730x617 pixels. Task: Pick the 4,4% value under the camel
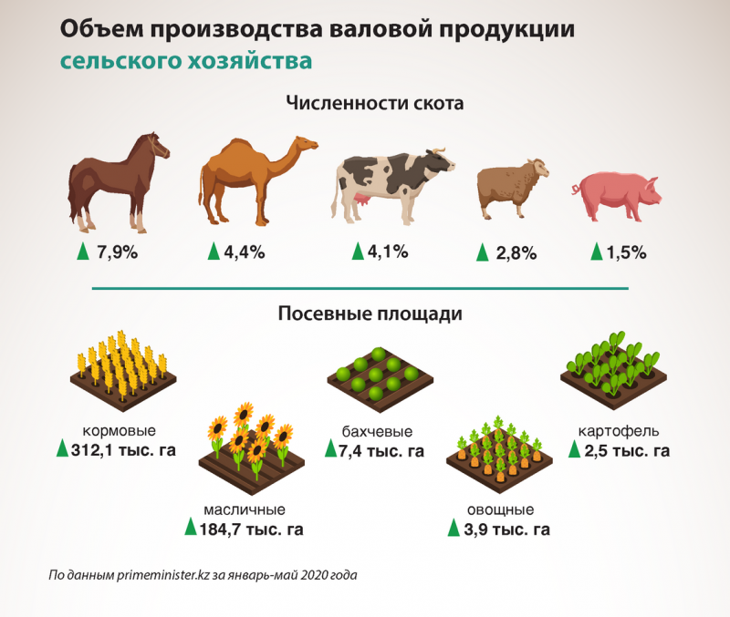click(244, 252)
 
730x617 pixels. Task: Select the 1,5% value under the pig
click(626, 252)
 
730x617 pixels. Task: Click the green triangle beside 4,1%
click(359, 251)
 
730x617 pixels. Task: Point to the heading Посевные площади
click(370, 314)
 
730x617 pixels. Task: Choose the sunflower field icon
click(251, 447)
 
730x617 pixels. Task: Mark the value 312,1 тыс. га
click(123, 450)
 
